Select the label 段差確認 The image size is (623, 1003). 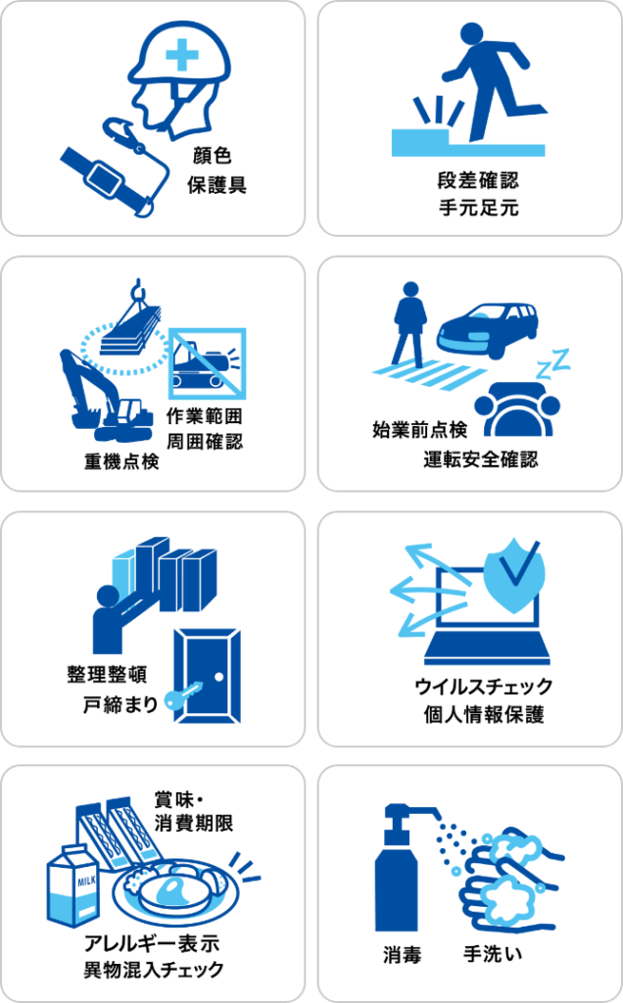[478, 180]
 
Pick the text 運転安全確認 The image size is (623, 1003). [481, 458]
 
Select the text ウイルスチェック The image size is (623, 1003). [484, 687]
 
